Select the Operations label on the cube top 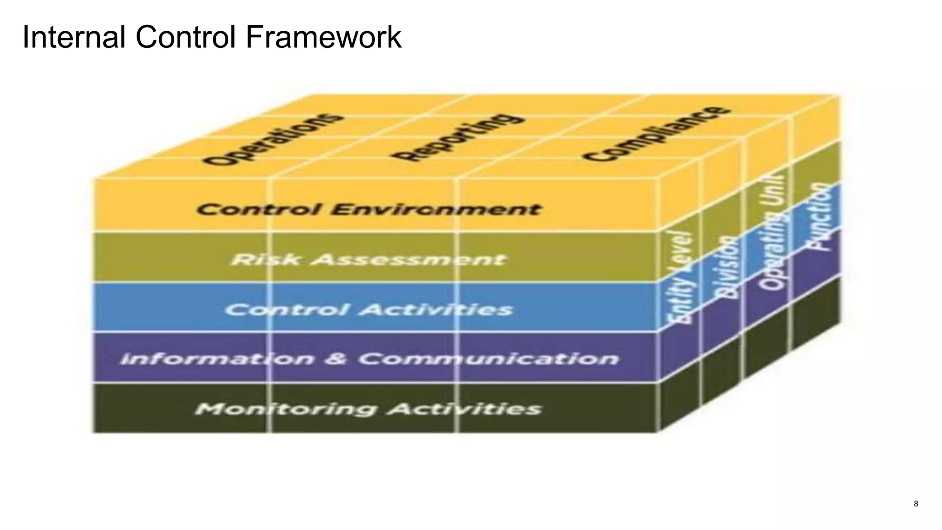(274, 139)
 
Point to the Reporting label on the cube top (458, 137)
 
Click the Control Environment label (368, 210)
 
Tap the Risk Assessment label (368, 259)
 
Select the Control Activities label (368, 309)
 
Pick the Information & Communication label (368, 359)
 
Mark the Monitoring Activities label (368, 409)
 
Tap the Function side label (821, 216)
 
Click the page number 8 (916, 504)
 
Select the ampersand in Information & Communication (337, 359)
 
